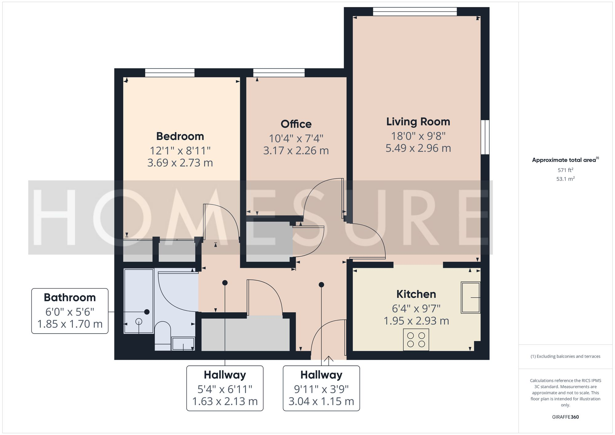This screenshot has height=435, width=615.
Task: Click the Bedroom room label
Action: click(180, 136)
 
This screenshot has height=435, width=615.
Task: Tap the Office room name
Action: click(296, 124)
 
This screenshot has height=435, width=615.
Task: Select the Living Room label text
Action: click(418, 122)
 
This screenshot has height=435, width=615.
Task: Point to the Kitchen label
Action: click(416, 294)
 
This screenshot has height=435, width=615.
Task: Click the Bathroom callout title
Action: click(70, 298)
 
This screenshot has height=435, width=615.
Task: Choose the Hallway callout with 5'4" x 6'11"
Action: click(225, 388)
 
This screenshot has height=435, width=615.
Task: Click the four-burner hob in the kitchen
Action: click(416, 340)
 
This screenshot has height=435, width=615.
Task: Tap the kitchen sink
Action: click(470, 298)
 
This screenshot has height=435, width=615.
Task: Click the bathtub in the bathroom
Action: click(139, 301)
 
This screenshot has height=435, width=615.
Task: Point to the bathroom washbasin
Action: click(183, 343)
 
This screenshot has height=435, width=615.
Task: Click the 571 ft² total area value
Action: click(565, 170)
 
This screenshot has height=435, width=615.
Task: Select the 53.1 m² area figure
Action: click(565, 179)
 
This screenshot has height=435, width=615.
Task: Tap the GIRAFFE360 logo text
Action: click(565, 417)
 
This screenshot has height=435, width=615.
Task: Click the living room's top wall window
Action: click(415, 11)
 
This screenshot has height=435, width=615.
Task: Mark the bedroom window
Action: click(170, 73)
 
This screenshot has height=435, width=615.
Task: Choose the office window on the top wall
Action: click(279, 73)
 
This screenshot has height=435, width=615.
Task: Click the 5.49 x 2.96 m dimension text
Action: click(418, 148)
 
